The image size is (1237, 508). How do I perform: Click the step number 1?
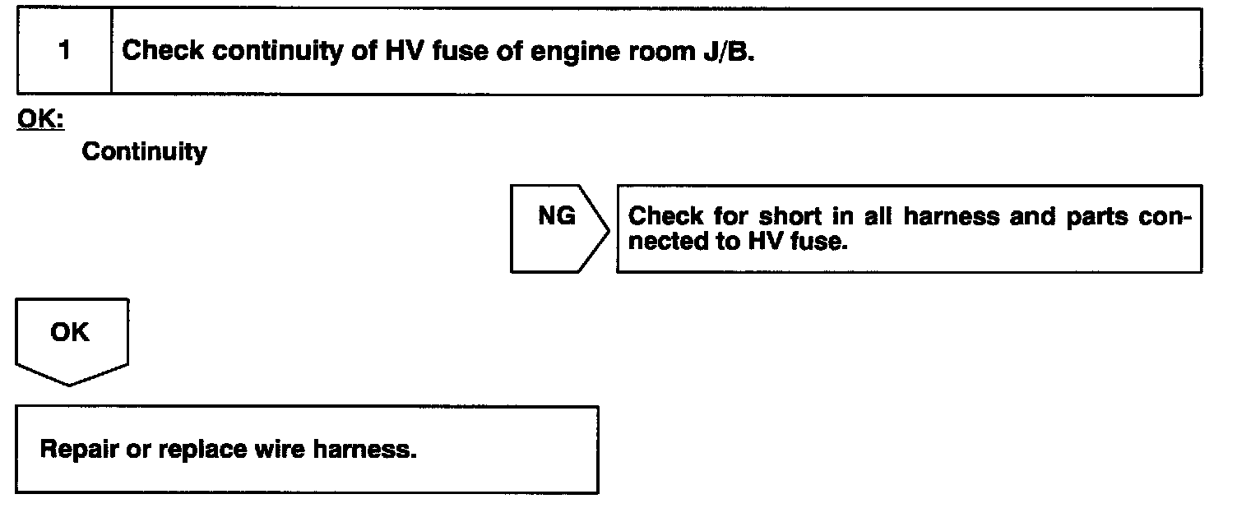tap(64, 51)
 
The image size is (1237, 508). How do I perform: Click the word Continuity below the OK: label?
tap(145, 152)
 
